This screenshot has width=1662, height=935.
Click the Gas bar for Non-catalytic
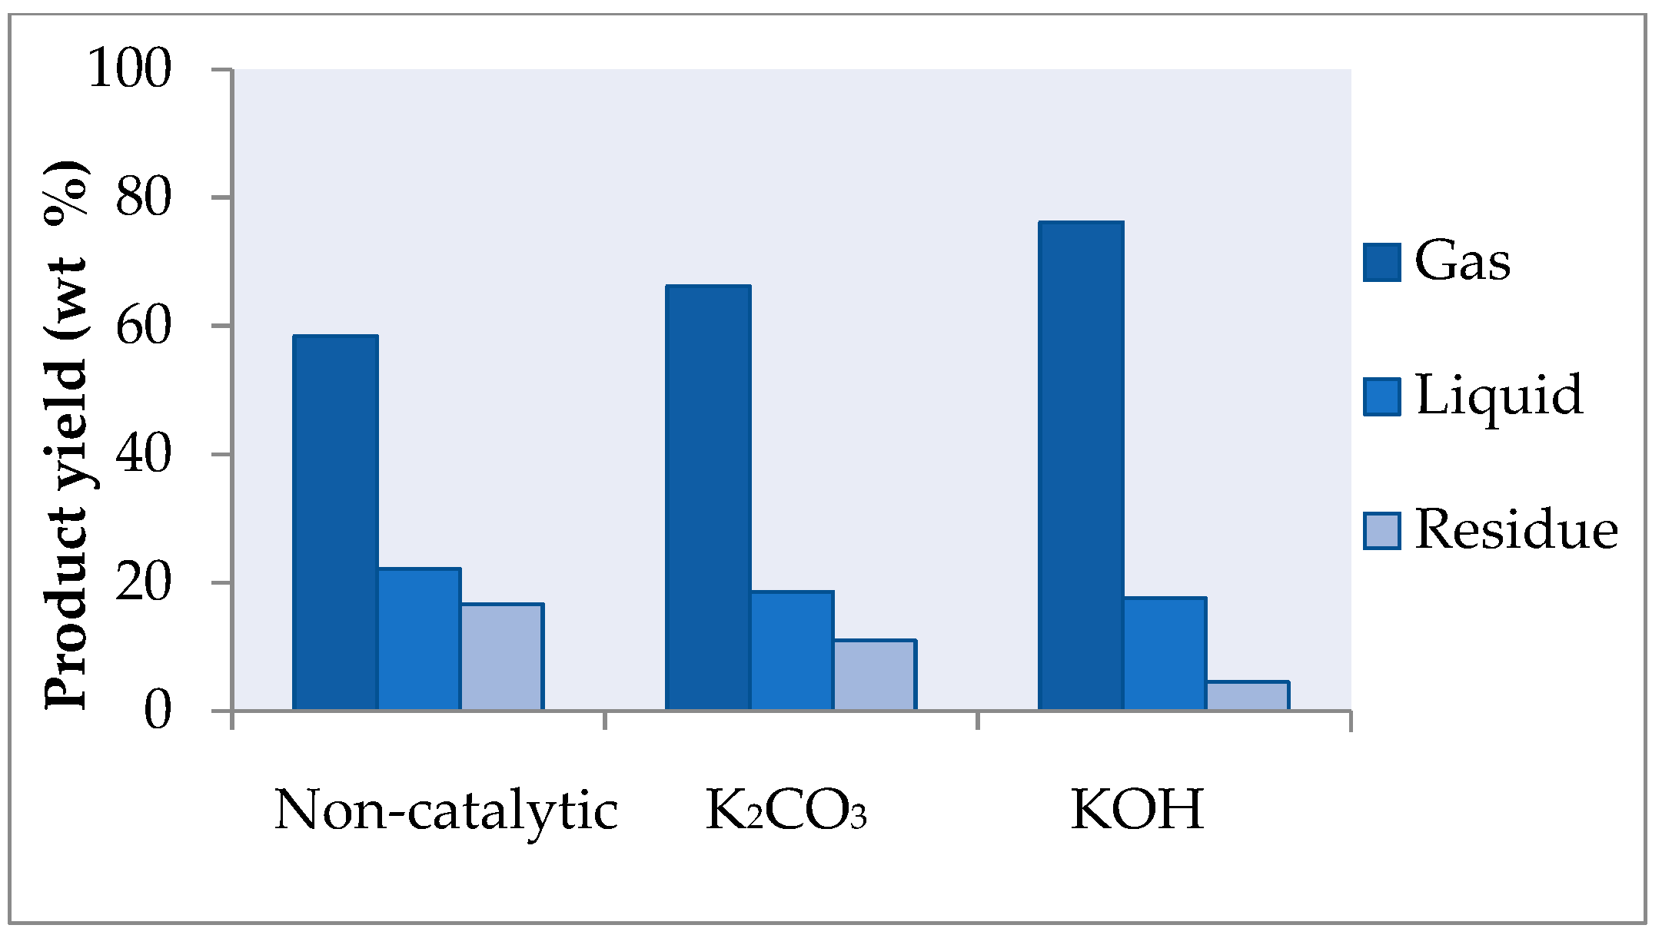pyautogui.click(x=335, y=522)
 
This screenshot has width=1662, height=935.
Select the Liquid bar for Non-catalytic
pyautogui.click(x=419, y=639)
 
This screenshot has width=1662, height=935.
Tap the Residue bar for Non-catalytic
pyautogui.click(x=502, y=657)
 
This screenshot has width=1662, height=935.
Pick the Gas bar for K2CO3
pyautogui.click(x=708, y=497)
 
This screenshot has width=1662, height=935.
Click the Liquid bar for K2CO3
pyautogui.click(x=792, y=651)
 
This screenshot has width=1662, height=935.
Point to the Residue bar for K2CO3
pyautogui.click(x=875, y=675)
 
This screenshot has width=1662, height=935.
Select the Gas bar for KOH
pyautogui.click(x=1081, y=466)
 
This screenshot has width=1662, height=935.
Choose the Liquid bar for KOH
pyautogui.click(x=1165, y=654)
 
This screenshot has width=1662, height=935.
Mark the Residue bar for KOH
pyautogui.click(x=1248, y=696)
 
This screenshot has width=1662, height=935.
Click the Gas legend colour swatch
pyautogui.click(x=1381, y=262)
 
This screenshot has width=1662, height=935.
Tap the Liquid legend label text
pyautogui.click(x=1499, y=396)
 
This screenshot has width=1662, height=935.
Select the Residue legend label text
pyautogui.click(x=1516, y=530)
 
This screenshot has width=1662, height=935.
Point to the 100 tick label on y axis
pyautogui.click(x=129, y=68)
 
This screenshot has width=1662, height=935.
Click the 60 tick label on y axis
pyautogui.click(x=143, y=326)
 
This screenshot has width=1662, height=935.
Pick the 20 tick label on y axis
pyautogui.click(x=143, y=582)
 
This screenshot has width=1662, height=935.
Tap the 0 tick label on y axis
pyautogui.click(x=158, y=711)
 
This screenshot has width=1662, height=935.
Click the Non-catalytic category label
pyautogui.click(x=446, y=811)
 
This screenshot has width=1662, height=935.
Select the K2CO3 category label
pyautogui.click(x=786, y=811)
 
